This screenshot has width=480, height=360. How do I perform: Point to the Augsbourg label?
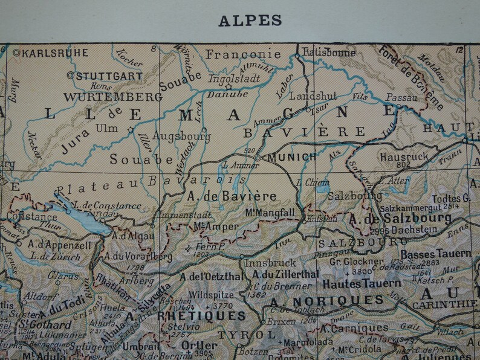click(181, 137)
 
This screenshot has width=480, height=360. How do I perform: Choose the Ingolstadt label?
click(234, 78)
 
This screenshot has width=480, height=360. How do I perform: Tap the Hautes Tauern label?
click(362, 283)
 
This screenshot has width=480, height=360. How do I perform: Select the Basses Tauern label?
click(435, 254)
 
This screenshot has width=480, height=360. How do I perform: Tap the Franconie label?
click(243, 54)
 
